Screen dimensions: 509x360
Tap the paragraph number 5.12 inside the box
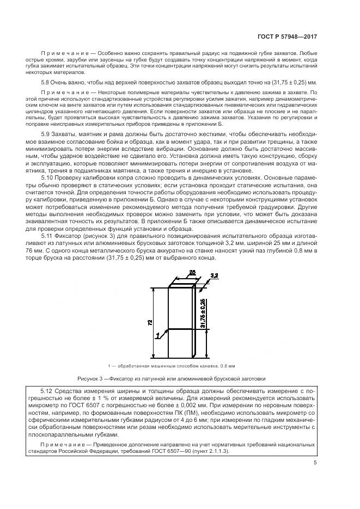click(x=48, y=391)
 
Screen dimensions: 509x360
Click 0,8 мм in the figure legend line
click(x=227, y=366)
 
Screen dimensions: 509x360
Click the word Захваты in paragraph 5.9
click(x=68, y=133)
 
